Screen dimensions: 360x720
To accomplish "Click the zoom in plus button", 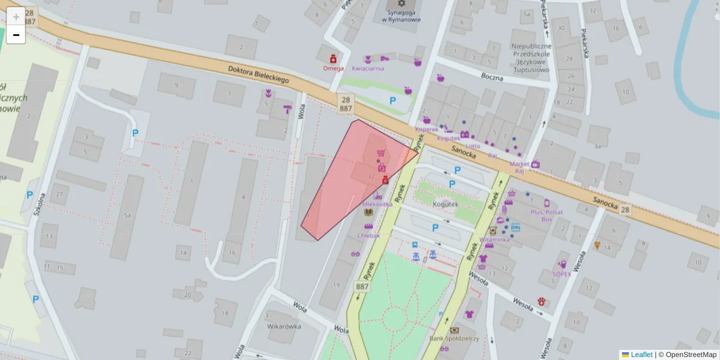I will point(16,17).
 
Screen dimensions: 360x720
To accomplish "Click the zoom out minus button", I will point(16,35).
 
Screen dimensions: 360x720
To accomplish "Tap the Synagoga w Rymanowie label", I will point(401,16).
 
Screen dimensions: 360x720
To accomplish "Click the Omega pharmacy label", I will point(333,68).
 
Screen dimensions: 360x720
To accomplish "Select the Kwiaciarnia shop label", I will point(368,68).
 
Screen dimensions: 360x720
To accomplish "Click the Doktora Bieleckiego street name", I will point(259,74).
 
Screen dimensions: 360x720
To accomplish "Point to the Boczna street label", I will point(491,76).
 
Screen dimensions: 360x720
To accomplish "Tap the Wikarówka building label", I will point(284,327).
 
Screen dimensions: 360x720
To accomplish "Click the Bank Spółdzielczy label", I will point(454,338).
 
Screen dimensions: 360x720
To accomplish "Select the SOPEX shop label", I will point(562,274).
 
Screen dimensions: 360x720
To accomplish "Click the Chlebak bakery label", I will point(368,235).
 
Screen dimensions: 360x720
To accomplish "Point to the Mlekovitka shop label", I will point(378,204).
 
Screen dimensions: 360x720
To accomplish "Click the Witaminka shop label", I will point(494,239).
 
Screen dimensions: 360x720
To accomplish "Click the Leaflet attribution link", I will point(641,355).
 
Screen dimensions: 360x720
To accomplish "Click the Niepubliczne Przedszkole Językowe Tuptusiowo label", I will point(531,58).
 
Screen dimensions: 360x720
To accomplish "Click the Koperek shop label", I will point(427,129).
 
